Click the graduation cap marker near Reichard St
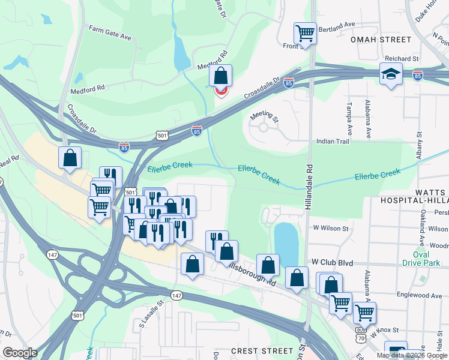tap(391, 74)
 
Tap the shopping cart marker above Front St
tap(305, 32)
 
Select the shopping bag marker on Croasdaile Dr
tap(220, 76)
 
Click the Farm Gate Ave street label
tap(110, 32)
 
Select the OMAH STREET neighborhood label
tap(381, 40)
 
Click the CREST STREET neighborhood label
tap(262, 351)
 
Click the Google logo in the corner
tap(20, 353)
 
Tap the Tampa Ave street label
tap(348, 118)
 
